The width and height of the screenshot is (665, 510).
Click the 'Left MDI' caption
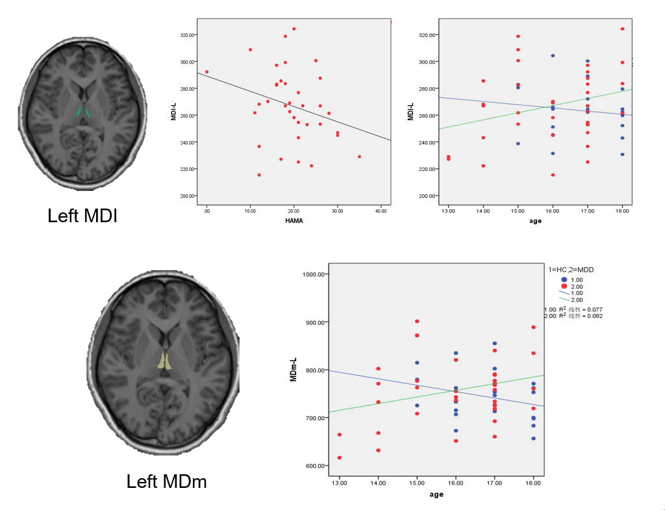(82, 215)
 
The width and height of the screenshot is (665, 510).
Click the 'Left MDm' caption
(167, 481)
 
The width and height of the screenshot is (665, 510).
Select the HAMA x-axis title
(294, 220)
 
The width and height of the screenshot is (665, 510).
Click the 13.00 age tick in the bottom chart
(339, 483)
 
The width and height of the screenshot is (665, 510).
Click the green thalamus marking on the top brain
(83, 111)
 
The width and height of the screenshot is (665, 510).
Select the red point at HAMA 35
(359, 157)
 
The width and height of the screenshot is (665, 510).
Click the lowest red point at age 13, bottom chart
(339, 457)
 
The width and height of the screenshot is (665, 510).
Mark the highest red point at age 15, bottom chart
(417, 321)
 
